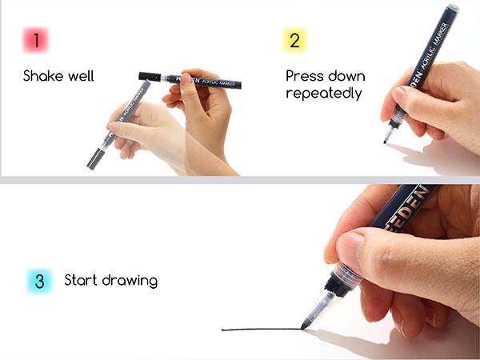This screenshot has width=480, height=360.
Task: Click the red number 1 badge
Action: coord(36,40)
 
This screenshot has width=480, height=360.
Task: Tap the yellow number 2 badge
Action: coord(294,40)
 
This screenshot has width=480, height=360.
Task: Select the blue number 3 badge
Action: coord(38,281)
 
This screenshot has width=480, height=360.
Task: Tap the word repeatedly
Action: coord(323,93)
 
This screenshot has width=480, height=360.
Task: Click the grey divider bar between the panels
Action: coord(240,180)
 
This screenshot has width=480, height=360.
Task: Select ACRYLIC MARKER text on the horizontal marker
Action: coord(217,82)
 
